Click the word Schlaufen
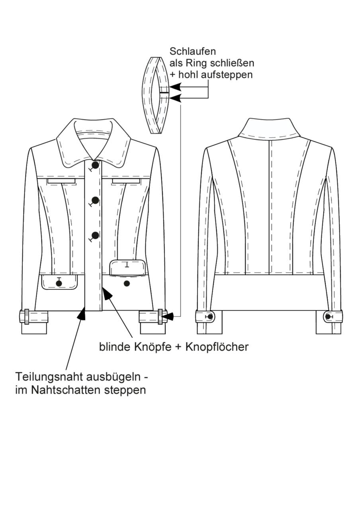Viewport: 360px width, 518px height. pos(192,51)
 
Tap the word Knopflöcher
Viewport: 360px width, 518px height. pos(217,347)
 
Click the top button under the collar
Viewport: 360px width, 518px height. pos(96,165)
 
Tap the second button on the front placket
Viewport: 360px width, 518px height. pos(95,200)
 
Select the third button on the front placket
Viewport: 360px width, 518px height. pos(95,235)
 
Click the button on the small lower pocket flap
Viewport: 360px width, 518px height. pos(59,283)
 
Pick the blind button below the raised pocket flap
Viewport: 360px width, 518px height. pos(127,284)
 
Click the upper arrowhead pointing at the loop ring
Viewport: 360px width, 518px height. pos(175,87)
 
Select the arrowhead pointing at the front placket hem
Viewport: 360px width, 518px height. pos(82,314)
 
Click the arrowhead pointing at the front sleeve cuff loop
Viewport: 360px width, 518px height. pos(168,316)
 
